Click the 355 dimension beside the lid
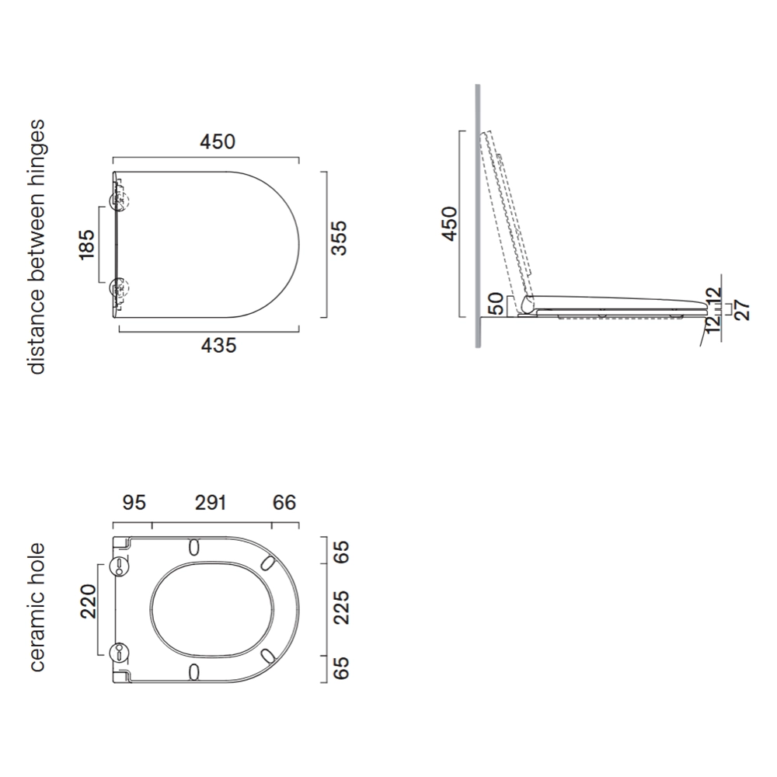[x=340, y=239]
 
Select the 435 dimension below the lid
[x=218, y=346]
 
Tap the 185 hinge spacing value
[x=86, y=244]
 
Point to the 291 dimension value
[x=211, y=503]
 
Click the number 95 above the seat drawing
[x=134, y=503]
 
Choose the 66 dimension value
[x=284, y=503]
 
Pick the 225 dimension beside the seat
[x=341, y=608]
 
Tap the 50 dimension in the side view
[x=497, y=304]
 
